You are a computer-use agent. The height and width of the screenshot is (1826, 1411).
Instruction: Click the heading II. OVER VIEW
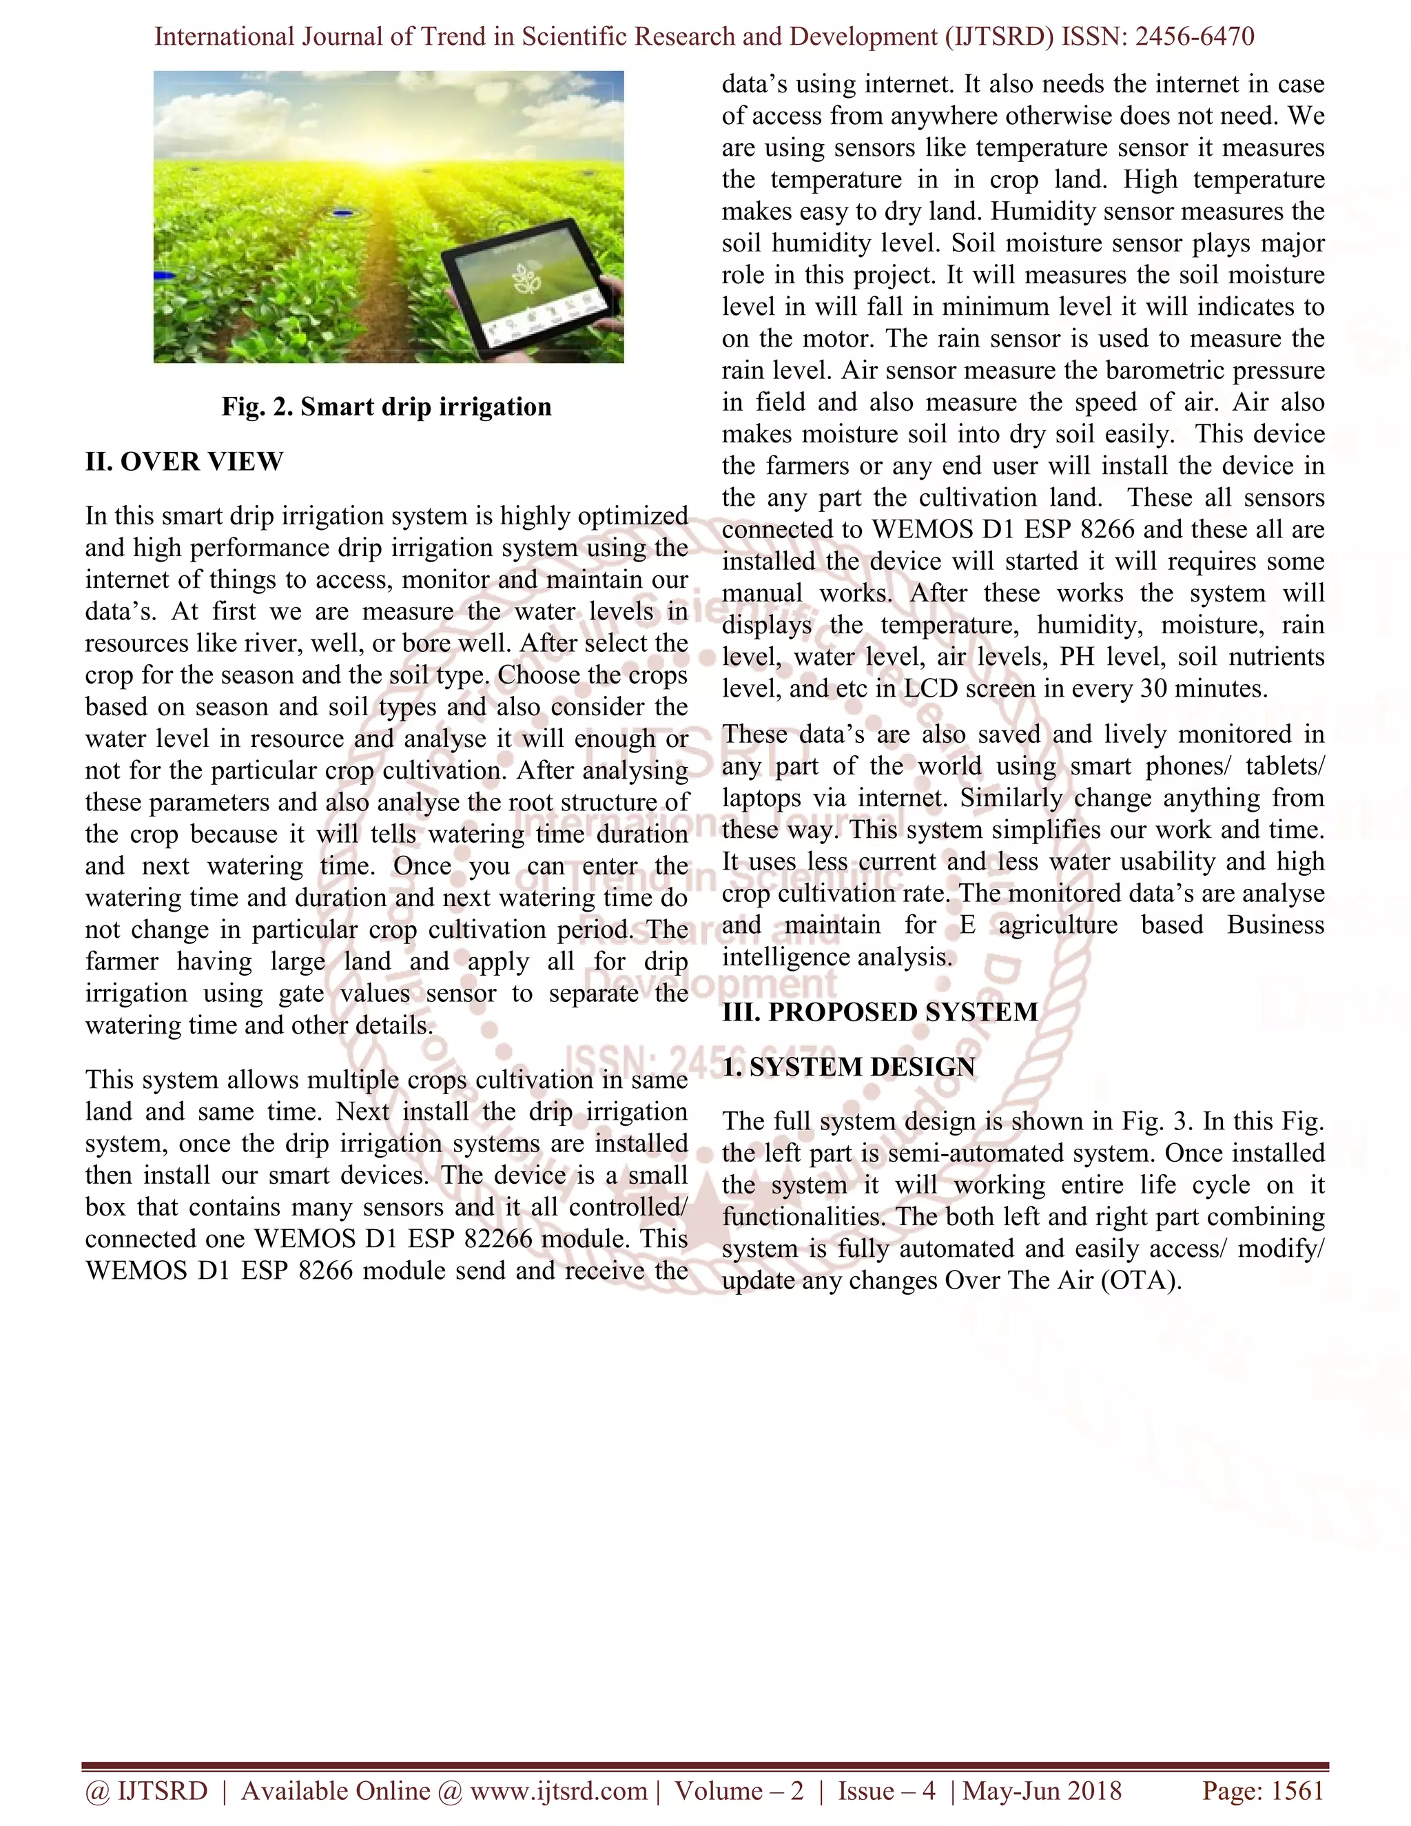[x=184, y=462]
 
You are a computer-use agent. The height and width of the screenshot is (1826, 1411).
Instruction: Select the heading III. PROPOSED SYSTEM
[x=879, y=1012]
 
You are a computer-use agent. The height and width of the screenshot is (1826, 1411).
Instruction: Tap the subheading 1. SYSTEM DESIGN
[x=848, y=1067]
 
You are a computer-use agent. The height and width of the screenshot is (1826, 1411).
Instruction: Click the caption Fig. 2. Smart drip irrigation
[x=387, y=407]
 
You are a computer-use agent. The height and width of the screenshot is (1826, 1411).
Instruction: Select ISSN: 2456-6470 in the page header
[x=1157, y=37]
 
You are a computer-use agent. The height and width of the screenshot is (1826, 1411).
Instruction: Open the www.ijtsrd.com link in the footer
[x=558, y=1791]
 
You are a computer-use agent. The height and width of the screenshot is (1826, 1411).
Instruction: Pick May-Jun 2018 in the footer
[x=1042, y=1791]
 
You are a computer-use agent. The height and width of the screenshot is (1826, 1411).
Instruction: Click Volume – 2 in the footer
[x=739, y=1791]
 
